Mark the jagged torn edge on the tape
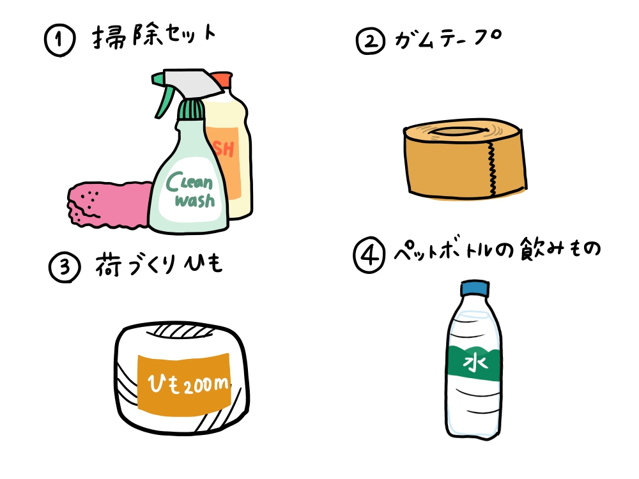click(491, 168)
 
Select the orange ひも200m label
click(183, 382)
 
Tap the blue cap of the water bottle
click(474, 289)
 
